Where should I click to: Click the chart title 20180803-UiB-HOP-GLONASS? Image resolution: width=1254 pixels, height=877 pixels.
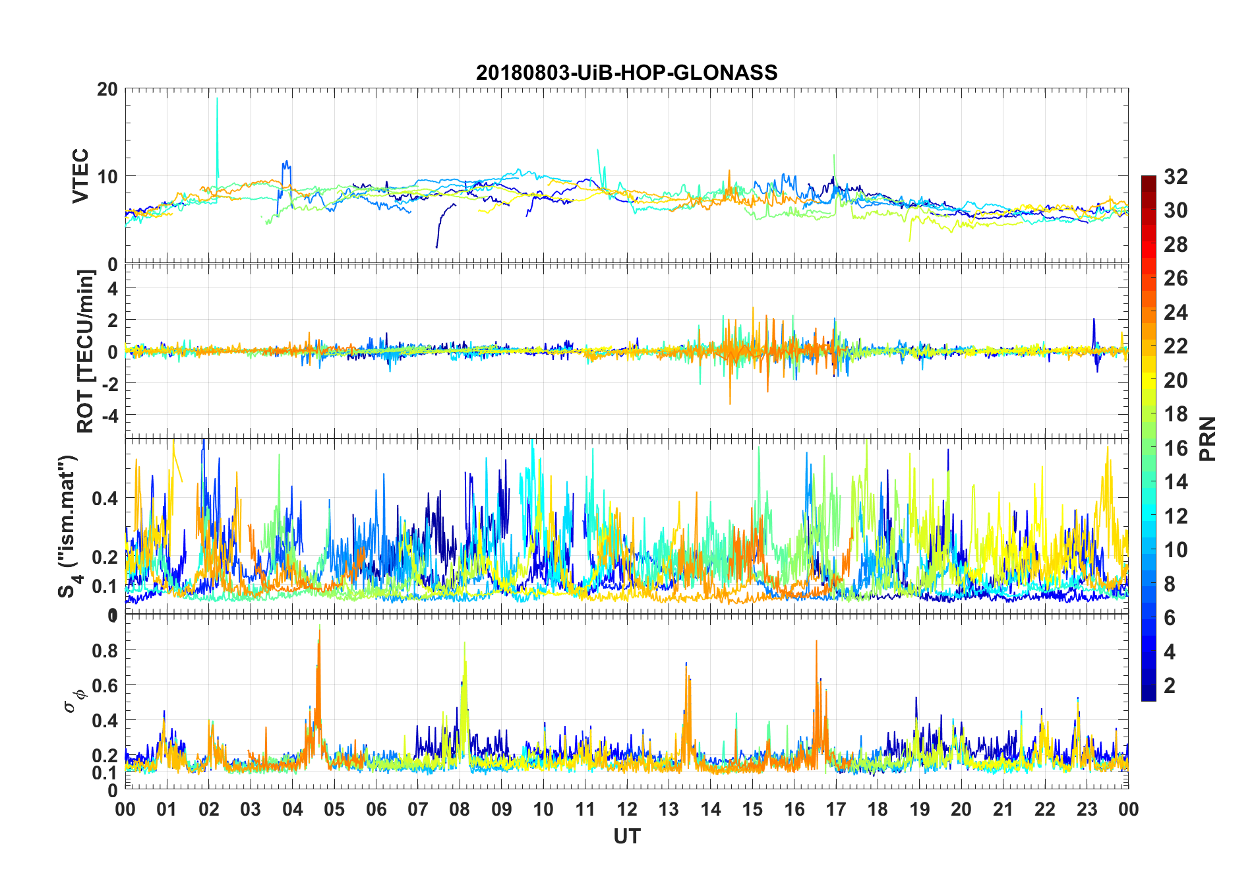pos(626,73)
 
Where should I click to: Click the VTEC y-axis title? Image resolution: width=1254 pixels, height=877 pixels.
pos(80,176)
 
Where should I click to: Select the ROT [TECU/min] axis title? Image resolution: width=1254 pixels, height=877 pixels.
pos(86,351)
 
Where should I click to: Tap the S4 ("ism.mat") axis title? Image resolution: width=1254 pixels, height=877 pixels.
pos(69,526)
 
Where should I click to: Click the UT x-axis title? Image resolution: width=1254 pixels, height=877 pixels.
pos(626,837)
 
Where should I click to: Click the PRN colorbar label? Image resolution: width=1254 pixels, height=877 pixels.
pos(1207,438)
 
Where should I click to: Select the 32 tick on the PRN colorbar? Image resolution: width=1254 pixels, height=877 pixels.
pos(1176,177)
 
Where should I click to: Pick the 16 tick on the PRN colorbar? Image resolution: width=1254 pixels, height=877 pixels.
pos(1176,448)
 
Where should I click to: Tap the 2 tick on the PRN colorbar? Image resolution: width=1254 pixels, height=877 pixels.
pos(1170,686)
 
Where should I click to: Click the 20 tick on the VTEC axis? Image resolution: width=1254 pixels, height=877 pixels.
pos(107,89)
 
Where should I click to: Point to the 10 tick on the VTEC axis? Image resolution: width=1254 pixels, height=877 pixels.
pos(107,177)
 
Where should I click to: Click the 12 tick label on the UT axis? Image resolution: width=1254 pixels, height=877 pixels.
pos(626,809)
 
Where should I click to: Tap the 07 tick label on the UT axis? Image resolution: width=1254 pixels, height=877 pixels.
pos(418,809)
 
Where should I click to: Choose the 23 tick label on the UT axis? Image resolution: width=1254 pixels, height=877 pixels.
pos(1087,809)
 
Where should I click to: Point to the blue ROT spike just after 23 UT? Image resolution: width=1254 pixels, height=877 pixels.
pos(1094,320)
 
